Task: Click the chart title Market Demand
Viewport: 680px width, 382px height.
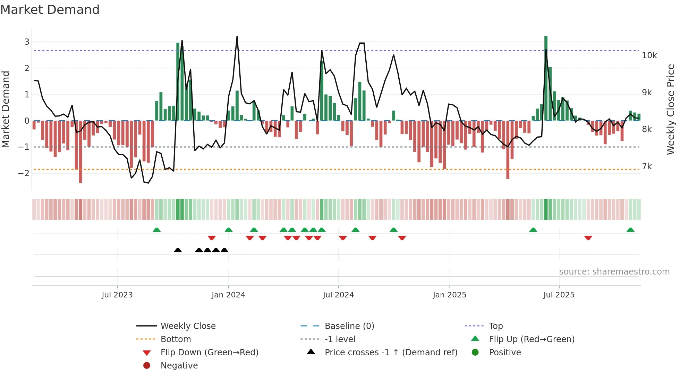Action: coord(50,9)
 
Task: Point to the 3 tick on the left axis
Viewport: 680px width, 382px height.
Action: coord(27,42)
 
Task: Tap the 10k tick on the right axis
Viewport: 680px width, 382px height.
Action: coord(649,55)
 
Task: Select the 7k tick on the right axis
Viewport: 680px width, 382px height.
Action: coord(647,166)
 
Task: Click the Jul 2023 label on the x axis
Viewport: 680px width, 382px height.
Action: coord(117,295)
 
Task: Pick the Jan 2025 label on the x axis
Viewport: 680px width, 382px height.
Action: coord(450,295)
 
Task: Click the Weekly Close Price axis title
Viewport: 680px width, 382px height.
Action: coord(671,109)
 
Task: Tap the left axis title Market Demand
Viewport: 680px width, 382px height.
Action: coord(6,109)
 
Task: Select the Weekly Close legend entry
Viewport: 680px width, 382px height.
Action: coord(188,326)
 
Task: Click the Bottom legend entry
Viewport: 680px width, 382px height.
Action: coord(176,339)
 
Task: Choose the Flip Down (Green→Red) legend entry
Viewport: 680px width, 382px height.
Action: coord(209,353)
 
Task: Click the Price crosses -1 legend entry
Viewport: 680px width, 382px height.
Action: coord(391,353)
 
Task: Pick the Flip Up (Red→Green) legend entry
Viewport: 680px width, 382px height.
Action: coord(532,339)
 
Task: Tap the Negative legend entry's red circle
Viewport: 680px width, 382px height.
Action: coord(147,366)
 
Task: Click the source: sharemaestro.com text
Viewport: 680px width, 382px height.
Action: coord(614,272)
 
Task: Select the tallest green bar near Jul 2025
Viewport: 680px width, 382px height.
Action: coord(546,78)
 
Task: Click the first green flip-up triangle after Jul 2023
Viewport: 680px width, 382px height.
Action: coord(157,230)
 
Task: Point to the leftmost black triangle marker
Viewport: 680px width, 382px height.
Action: coord(178,250)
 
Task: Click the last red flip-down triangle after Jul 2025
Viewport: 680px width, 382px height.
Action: coord(588,238)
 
